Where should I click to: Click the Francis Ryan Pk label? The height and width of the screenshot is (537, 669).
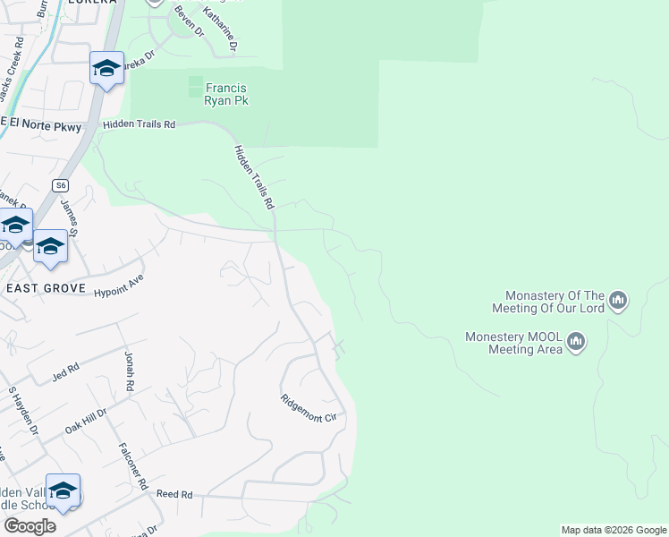pyautogui.click(x=226, y=94)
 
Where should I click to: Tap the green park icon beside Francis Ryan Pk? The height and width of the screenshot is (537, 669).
pyautogui.click(x=195, y=87)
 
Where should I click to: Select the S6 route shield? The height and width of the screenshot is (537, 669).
pyautogui.click(x=60, y=185)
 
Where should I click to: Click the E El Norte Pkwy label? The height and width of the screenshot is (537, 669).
pyautogui.click(x=40, y=128)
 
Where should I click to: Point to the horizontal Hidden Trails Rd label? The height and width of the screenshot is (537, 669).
pyautogui.click(x=138, y=125)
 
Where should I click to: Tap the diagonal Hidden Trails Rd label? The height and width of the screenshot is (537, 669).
pyautogui.click(x=253, y=177)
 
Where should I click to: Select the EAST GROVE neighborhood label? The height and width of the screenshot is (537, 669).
pyautogui.click(x=46, y=288)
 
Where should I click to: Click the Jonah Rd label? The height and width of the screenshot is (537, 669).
pyautogui.click(x=130, y=371)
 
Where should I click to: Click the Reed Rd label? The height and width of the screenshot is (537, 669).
pyautogui.click(x=174, y=494)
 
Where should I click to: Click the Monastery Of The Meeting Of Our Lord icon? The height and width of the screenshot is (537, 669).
pyautogui.click(x=618, y=301)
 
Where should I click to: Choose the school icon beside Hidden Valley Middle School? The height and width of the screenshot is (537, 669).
pyautogui.click(x=63, y=491)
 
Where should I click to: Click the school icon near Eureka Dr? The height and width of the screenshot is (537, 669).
pyautogui.click(x=106, y=69)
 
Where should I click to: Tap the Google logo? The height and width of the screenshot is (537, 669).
pyautogui.click(x=30, y=526)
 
